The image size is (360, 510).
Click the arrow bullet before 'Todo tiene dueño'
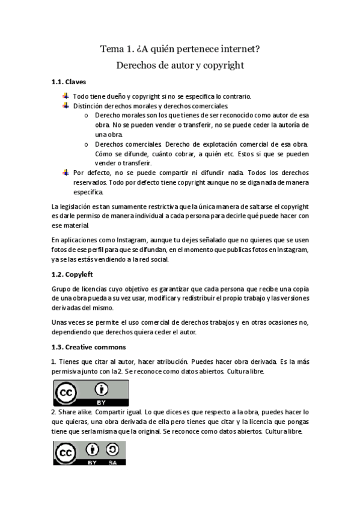coord(66,96)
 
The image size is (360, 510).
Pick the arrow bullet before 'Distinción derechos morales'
coord(66,105)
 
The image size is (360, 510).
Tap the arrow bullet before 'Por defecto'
coord(66,173)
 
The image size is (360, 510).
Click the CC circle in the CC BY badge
coord(65,393)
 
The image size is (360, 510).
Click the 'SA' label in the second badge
coord(112,462)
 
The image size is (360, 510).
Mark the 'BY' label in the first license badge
coord(100,401)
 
